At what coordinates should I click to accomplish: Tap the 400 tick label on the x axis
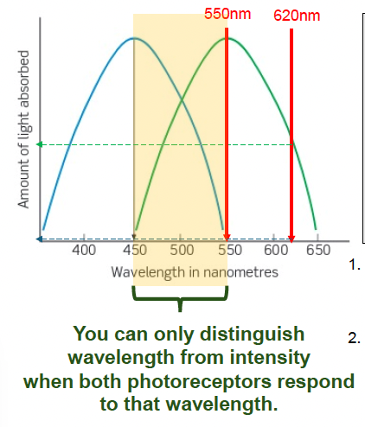click(x=84, y=252)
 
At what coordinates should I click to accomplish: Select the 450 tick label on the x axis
click(x=134, y=252)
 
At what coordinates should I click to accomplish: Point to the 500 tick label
click(x=181, y=252)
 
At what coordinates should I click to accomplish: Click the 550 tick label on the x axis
click(x=227, y=252)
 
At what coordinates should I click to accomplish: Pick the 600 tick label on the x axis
click(x=273, y=252)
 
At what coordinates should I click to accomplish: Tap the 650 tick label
click(x=319, y=252)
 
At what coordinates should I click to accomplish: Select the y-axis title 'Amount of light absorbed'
click(x=25, y=128)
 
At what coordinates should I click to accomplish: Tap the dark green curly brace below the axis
click(x=180, y=298)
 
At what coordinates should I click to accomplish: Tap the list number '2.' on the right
click(x=355, y=337)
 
